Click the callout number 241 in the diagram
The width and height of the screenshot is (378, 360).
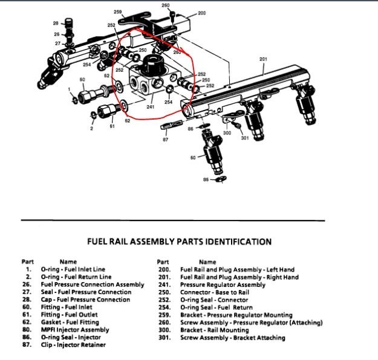(x=151, y=107)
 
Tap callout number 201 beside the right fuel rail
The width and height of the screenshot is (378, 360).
(x=262, y=59)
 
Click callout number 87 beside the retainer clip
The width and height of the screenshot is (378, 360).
(x=166, y=139)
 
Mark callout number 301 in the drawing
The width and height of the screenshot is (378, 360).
(x=244, y=138)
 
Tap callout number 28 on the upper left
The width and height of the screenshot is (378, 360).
(x=56, y=23)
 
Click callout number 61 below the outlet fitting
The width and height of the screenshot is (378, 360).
(x=112, y=126)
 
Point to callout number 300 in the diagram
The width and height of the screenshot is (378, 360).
(x=227, y=133)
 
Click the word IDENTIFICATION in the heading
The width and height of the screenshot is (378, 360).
(x=236, y=242)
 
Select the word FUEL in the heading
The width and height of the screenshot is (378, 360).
(x=99, y=242)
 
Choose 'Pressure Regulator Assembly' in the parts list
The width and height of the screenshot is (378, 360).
(x=223, y=284)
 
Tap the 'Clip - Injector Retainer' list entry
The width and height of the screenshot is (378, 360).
(x=73, y=345)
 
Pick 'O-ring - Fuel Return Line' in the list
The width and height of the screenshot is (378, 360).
(x=76, y=277)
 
